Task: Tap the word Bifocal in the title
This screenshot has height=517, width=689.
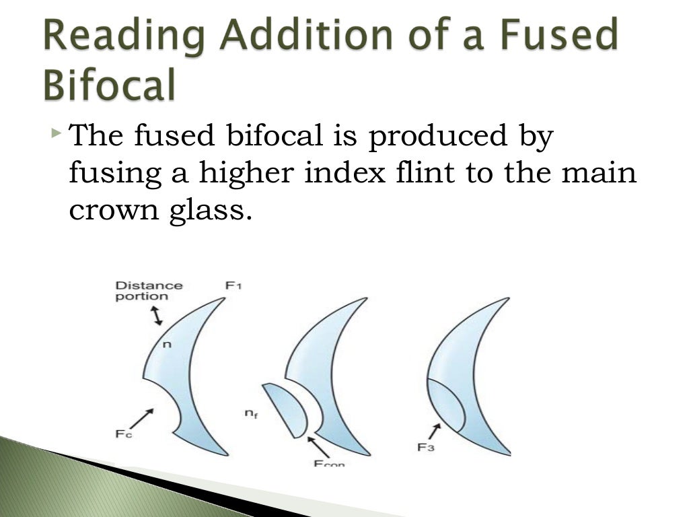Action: point(110,86)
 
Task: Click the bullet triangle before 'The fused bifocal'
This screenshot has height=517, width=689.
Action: point(56,128)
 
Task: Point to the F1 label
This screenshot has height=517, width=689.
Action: point(233,286)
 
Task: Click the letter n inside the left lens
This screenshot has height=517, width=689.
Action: point(168,344)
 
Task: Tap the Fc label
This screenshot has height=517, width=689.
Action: point(123,434)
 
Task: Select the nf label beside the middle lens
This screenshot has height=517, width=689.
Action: point(250,415)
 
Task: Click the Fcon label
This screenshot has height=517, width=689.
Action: point(328,463)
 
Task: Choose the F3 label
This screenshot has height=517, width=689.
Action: point(425,446)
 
